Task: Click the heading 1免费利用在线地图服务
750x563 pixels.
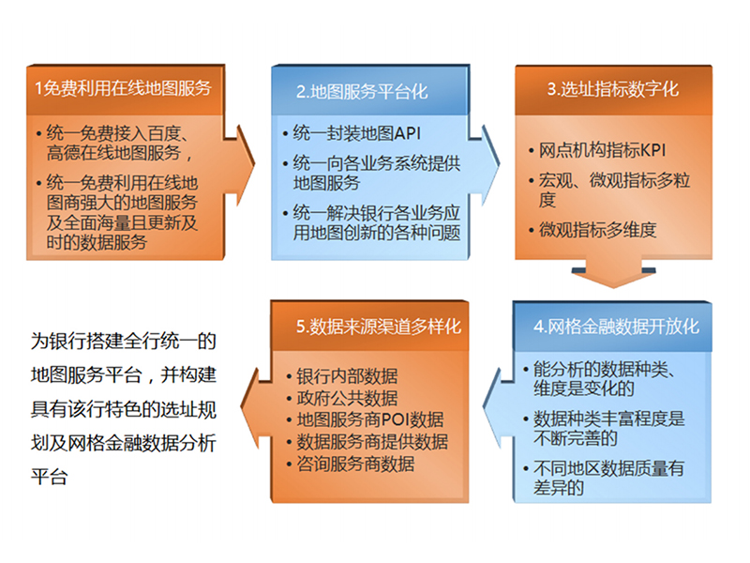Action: (x=123, y=88)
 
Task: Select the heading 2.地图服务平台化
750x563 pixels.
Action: (x=362, y=91)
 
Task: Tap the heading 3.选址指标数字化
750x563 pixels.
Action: (x=613, y=89)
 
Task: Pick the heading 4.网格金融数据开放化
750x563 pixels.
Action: (x=616, y=327)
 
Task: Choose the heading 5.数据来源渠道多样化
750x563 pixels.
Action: (x=379, y=327)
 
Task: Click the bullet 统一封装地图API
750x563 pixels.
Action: (x=357, y=133)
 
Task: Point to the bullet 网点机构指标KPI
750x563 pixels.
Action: (x=602, y=150)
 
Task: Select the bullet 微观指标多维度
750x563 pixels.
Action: (x=597, y=230)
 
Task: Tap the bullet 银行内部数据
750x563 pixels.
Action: (x=347, y=376)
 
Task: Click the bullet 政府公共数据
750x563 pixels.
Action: (x=347, y=398)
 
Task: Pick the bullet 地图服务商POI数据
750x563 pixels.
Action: (x=370, y=419)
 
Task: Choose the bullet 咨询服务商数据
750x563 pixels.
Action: (x=355, y=464)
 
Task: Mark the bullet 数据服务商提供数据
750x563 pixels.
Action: (x=372, y=441)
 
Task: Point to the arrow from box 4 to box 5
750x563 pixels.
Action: (x=499, y=408)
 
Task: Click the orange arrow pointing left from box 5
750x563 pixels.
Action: (x=256, y=408)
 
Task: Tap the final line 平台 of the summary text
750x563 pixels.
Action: (x=50, y=478)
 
